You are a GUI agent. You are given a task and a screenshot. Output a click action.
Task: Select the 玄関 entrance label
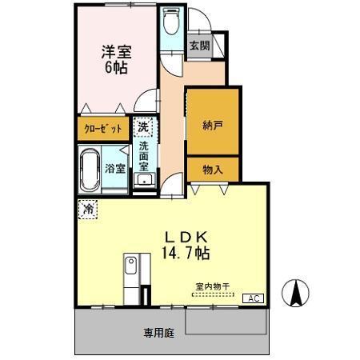(198, 46)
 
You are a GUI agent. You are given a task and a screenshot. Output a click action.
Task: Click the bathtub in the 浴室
(90, 169)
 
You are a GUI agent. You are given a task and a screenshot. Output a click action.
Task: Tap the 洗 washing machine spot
(142, 127)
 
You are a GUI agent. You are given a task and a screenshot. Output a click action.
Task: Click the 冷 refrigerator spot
(86, 208)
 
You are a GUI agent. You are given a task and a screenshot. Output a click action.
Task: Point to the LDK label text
(187, 236)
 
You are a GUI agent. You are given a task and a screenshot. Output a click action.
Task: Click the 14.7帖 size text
(187, 253)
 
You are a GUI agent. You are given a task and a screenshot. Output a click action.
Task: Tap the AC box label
(253, 298)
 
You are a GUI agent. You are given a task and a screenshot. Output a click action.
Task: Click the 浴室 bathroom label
(115, 169)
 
